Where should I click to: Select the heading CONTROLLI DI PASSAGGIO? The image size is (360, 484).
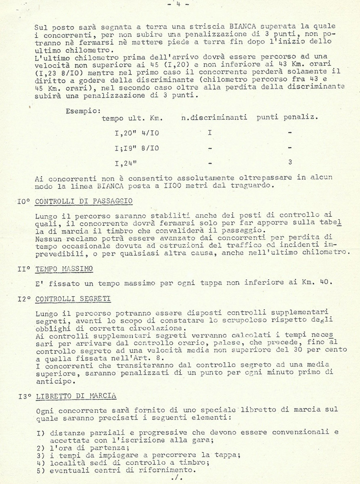[x=84, y=201]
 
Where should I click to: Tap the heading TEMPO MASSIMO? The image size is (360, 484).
[x=64, y=268]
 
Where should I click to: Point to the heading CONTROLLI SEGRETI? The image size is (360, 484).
[x=73, y=299]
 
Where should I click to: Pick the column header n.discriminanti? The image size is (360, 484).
[x=215, y=118]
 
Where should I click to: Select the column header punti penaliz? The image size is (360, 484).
[x=287, y=118]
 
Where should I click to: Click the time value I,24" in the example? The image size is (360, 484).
[x=126, y=163]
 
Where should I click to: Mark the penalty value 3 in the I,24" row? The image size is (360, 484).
[x=290, y=163]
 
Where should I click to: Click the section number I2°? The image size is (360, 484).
[x=25, y=299]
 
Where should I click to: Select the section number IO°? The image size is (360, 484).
[x=25, y=201]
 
